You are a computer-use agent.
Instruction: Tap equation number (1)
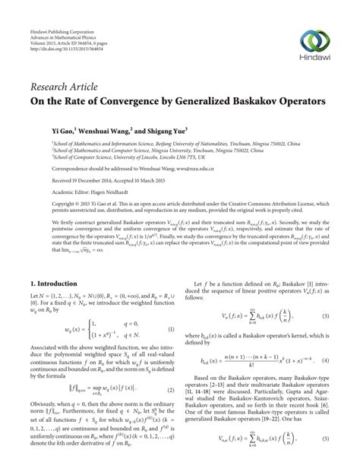172,330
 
